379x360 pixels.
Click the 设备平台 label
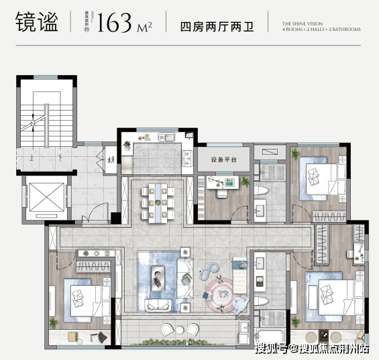(x=224, y=160)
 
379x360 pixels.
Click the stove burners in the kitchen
(x=144, y=139)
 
